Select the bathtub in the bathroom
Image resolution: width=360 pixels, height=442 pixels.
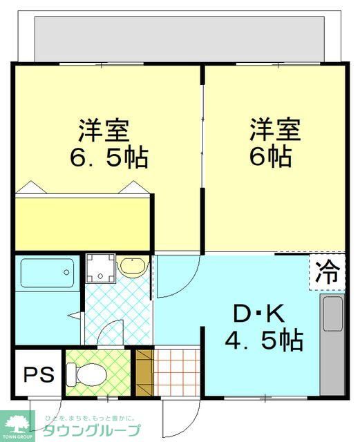coord(47,275)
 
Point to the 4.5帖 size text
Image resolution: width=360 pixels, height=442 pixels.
coord(264,340)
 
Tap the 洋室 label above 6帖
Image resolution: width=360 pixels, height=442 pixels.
coord(275,129)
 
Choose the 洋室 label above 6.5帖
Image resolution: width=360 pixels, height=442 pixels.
coord(103,130)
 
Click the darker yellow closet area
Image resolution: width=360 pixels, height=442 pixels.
coord(83,222)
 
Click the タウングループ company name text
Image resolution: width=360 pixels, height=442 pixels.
coord(91,431)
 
